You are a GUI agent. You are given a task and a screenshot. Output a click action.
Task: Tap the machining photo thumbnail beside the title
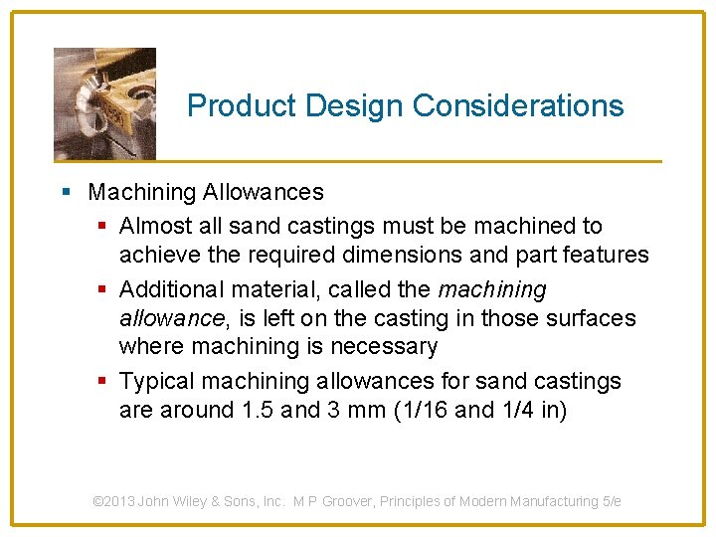[104, 102]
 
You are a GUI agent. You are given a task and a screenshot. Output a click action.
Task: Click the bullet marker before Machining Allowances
[64, 192]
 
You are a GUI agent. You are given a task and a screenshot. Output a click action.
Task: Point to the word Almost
[153, 227]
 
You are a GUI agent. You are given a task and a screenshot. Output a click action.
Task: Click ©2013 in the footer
[114, 501]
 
